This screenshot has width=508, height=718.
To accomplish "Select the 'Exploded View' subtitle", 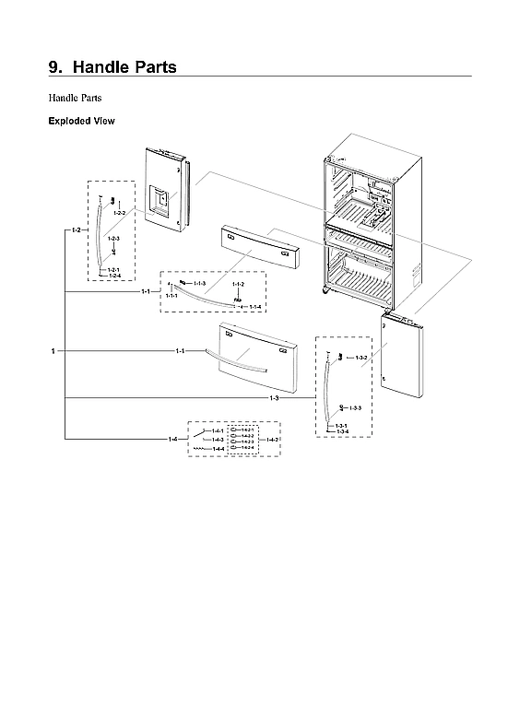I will point(80,121).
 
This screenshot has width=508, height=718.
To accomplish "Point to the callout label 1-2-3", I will point(113,239).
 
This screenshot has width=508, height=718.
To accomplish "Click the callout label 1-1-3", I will point(198,284).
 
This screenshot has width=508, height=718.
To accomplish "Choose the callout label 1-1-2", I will point(238,285).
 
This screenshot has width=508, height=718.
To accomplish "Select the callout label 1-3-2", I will point(361,357).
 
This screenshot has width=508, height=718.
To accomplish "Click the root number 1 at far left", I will point(53,351).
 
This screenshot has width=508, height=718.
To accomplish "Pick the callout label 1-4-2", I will point(273,440).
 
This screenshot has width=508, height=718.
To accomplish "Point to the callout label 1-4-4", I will point(219,449).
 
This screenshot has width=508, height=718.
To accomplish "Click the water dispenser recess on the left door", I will point(160,199).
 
